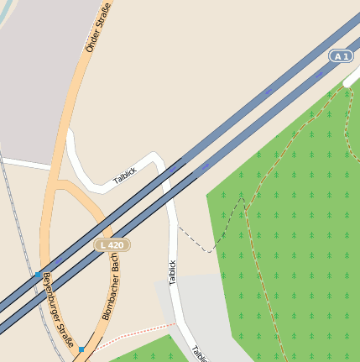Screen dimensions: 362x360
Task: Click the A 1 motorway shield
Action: coord(339,56)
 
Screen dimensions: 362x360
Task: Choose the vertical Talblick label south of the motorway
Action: coord(173,273)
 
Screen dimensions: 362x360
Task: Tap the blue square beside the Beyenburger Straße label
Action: coord(36,275)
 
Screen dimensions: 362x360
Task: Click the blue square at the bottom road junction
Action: coord(81,348)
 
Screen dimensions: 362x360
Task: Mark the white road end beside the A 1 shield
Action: coord(352,81)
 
